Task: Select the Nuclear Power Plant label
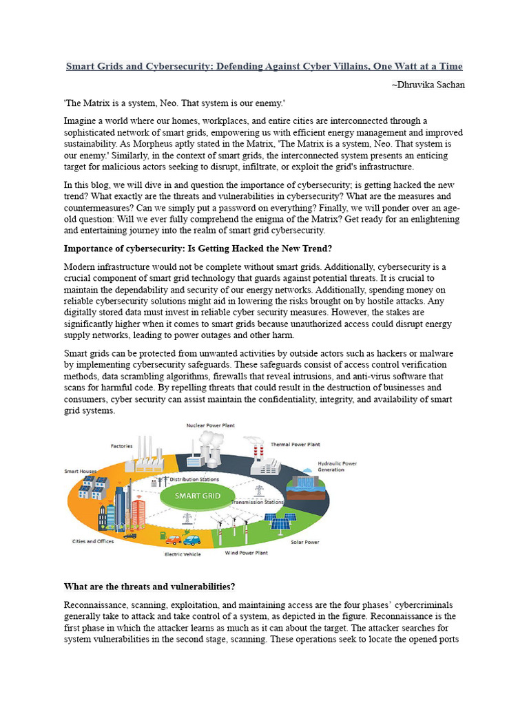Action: tap(210, 425)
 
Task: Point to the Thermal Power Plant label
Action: tap(295, 444)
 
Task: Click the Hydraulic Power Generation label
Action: tap(337, 466)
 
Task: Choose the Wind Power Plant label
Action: tap(247, 553)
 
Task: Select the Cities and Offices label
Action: tap(93, 541)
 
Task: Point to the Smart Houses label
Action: tap(81, 472)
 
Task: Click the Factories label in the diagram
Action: tap(121, 445)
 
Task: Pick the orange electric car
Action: tap(174, 540)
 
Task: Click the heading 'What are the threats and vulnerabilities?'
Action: tap(149, 587)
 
